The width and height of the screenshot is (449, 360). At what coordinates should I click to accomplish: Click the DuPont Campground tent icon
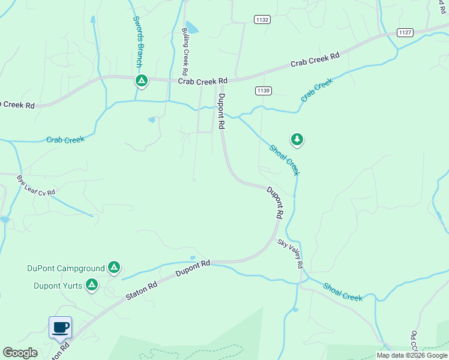[114, 268]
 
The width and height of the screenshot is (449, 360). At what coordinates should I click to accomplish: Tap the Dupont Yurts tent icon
[92, 284]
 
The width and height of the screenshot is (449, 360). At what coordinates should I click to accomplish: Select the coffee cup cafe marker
[60, 328]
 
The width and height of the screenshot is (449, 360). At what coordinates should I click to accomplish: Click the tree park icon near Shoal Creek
[297, 140]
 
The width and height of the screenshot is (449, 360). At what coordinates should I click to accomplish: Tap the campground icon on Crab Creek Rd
[141, 80]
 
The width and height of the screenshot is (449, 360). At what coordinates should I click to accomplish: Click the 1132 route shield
[262, 20]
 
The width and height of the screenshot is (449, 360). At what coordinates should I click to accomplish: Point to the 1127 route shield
[405, 32]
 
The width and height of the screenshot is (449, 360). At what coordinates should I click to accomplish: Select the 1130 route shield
[264, 91]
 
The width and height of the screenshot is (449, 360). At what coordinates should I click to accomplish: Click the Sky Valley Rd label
[291, 254]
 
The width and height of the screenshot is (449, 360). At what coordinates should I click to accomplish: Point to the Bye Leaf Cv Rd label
[36, 184]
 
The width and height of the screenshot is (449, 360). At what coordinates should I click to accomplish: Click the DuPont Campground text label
[66, 268]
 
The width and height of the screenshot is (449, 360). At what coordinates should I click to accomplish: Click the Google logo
[20, 353]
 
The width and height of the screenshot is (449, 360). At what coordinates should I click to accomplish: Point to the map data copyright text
[411, 355]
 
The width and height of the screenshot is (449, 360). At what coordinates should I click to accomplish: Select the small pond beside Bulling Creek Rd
[191, 27]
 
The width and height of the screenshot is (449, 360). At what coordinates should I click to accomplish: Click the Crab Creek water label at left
[65, 139]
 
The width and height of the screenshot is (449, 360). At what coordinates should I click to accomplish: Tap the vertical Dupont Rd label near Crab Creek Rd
[221, 112]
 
